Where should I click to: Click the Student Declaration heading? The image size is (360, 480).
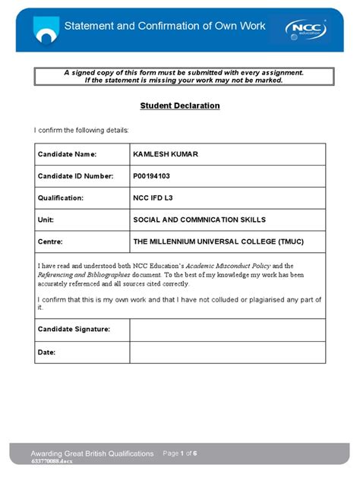(x=180, y=106)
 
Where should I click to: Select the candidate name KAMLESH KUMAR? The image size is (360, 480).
(x=165, y=154)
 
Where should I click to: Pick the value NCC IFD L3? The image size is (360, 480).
(x=156, y=197)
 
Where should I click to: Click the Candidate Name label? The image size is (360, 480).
(x=67, y=154)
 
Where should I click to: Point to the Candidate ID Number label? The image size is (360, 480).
(x=75, y=176)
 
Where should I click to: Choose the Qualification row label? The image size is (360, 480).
(x=60, y=197)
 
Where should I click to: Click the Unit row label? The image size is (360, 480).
(x=46, y=219)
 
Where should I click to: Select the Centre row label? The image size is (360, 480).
(x=49, y=242)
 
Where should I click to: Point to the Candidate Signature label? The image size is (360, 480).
(x=74, y=330)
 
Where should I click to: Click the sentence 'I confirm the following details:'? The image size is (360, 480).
(x=81, y=130)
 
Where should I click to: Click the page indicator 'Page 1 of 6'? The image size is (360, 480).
(x=180, y=453)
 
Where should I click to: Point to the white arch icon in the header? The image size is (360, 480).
(x=46, y=31)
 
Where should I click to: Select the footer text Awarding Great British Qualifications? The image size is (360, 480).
(x=91, y=453)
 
